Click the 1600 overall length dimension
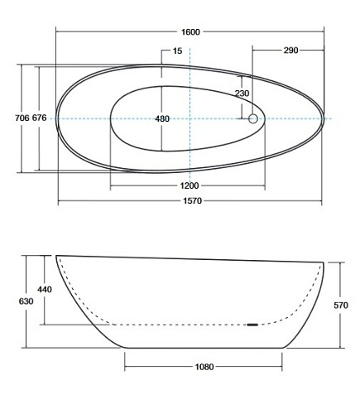pos(190,31)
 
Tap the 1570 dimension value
pos(190,201)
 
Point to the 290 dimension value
pos(290,51)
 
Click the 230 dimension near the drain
pos(242,94)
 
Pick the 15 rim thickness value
pos(177,51)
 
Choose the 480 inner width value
pos(162,119)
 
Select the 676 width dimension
pos(39,119)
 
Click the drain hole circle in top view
pos(253,119)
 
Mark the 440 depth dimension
pos(45,290)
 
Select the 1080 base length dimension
pos(204,366)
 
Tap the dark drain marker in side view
pos(252,325)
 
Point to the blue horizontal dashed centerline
pos(83,119)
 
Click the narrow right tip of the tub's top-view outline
pos(323,119)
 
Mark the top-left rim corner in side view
pos(57,255)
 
